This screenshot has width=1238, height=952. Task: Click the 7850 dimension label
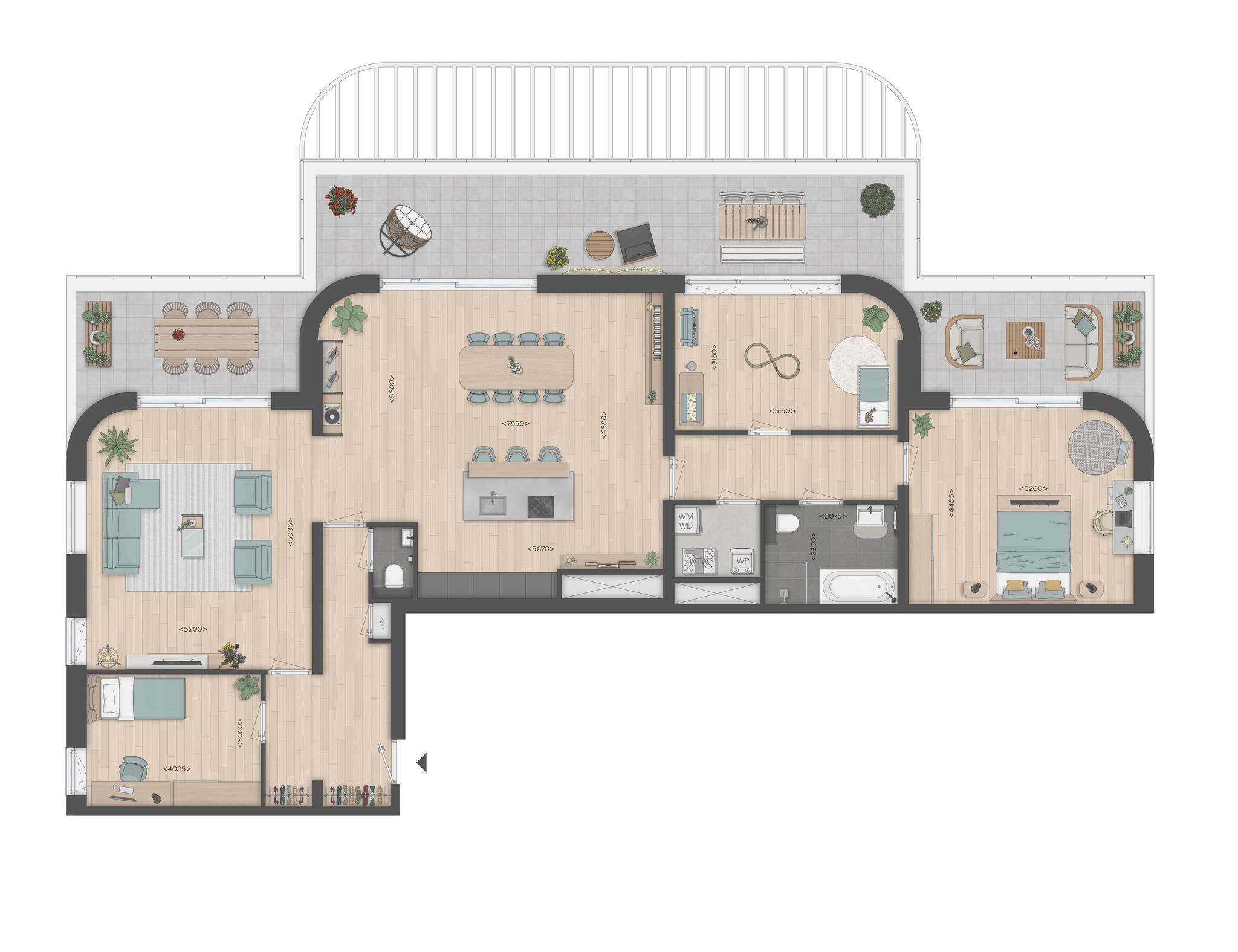tap(515, 424)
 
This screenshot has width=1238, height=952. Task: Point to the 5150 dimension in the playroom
tap(782, 411)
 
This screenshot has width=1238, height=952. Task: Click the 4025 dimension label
tap(177, 769)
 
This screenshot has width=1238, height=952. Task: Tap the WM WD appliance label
tap(685, 521)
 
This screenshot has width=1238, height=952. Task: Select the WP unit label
tap(742, 560)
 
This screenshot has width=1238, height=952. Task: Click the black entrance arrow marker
tap(422, 762)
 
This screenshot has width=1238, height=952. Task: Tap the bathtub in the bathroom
tap(859, 586)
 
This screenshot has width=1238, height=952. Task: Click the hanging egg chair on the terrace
tap(406, 230)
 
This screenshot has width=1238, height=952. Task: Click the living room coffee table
tap(193, 536)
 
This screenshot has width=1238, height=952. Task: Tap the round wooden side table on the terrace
tap(600, 245)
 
